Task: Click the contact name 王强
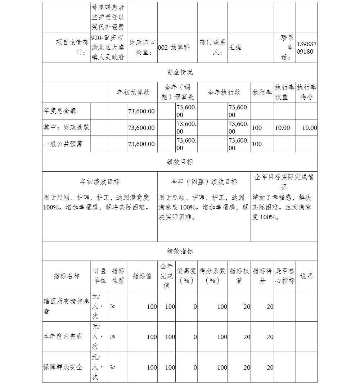(235, 48)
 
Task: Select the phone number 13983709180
(307, 48)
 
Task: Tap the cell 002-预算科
(174, 48)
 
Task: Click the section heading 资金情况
(180, 72)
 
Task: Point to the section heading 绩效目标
(180, 162)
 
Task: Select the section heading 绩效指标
(180, 251)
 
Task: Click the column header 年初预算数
(133, 92)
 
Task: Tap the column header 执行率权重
(284, 92)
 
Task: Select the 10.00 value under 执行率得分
(309, 128)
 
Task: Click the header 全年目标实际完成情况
(284, 182)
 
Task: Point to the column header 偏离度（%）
(186, 276)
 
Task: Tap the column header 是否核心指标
(284, 276)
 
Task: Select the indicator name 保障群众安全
(63, 367)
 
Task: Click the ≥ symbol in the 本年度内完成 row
(113, 336)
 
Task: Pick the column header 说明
(306, 276)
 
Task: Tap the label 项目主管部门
(72, 48)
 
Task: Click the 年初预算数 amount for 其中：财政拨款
(141, 128)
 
